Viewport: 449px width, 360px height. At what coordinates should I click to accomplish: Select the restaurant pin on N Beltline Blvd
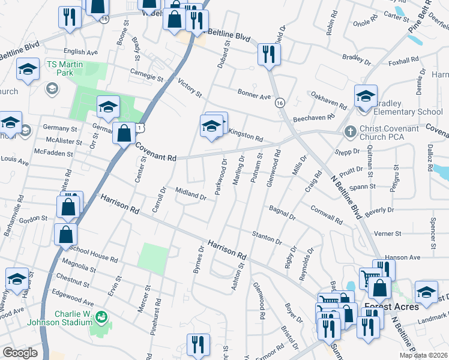269,55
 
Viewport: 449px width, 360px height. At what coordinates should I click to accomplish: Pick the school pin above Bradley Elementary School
366,95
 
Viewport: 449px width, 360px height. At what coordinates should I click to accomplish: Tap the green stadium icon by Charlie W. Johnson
101,316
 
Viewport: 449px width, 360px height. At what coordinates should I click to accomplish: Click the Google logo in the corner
20,353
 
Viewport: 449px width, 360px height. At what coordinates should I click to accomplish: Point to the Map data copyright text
424,355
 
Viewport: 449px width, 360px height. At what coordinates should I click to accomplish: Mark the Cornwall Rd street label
327,215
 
